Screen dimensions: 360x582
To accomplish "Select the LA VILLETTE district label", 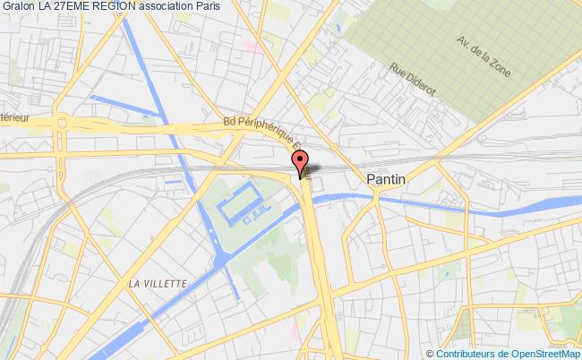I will [158, 284].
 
